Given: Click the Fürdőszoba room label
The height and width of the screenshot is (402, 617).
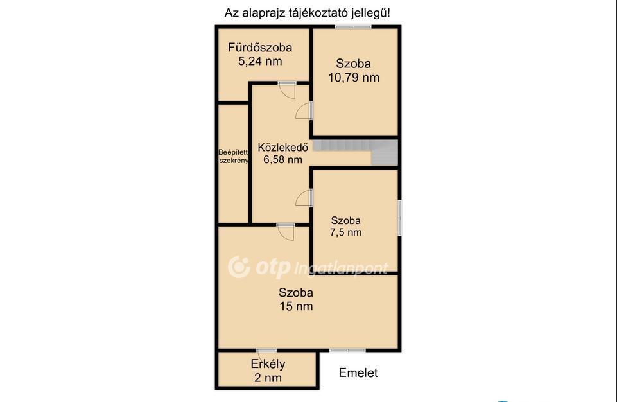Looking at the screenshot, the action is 260,48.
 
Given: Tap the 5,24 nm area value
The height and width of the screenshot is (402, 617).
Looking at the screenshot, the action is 260,61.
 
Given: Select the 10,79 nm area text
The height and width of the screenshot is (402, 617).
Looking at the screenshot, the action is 354,78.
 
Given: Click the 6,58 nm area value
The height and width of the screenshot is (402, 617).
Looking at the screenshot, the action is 283,159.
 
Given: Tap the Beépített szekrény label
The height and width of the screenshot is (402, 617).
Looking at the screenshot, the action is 233,156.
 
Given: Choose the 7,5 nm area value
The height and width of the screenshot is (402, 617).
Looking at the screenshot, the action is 346,232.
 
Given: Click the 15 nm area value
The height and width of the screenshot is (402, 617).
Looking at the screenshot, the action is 297,306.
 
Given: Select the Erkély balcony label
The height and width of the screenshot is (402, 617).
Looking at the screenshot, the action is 268,364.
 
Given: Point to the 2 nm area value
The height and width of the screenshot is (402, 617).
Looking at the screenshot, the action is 268,378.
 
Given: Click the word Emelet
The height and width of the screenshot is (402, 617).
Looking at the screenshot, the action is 358,373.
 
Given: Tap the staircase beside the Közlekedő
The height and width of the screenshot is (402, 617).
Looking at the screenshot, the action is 355,152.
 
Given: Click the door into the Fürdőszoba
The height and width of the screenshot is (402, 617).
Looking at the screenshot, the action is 287,90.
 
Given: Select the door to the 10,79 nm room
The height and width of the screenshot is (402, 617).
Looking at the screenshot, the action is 304,110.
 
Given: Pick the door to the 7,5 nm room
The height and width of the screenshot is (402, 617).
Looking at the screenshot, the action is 304,198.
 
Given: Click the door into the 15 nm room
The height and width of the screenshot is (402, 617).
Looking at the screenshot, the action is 286,232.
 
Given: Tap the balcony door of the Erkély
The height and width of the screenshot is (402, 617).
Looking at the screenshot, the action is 266,351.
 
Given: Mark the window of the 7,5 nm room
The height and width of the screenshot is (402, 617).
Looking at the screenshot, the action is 399,218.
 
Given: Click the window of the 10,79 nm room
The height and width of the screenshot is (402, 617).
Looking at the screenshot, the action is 353,27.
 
